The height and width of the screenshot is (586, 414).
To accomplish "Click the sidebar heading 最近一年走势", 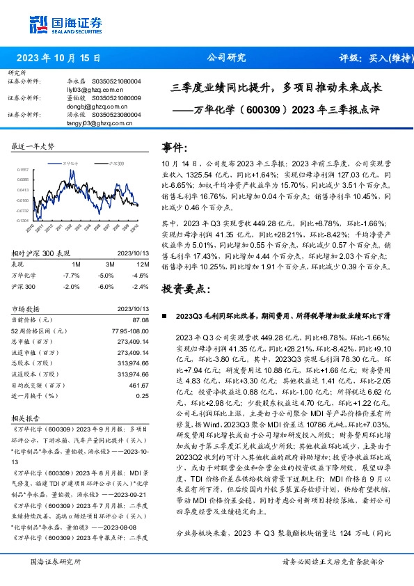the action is (x=33, y=147).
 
